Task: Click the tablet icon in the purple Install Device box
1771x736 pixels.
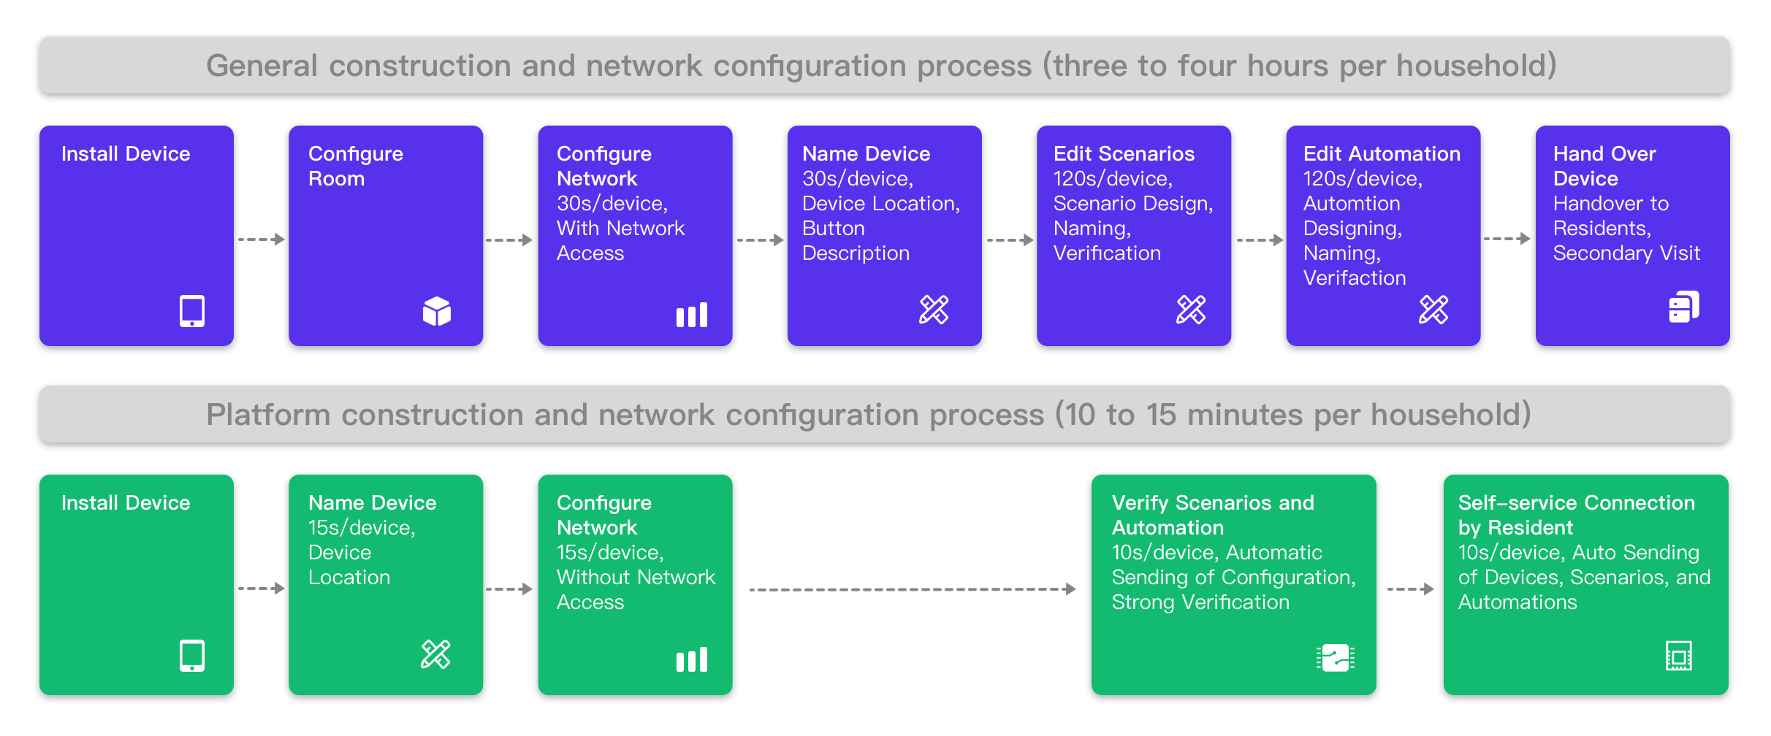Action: click(x=192, y=311)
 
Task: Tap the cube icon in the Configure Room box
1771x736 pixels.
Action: click(x=437, y=311)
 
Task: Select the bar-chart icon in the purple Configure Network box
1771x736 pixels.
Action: click(x=692, y=315)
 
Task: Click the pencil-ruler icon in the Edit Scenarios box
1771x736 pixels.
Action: click(x=1191, y=310)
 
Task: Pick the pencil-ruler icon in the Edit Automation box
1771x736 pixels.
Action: click(x=1433, y=310)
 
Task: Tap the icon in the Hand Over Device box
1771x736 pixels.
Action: click(x=1684, y=307)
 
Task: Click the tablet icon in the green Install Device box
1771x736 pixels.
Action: click(x=192, y=656)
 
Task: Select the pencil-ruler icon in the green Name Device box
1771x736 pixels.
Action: click(x=435, y=654)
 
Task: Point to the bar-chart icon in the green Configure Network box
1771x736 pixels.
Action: click(x=692, y=659)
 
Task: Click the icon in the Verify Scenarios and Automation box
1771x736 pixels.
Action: click(x=1336, y=658)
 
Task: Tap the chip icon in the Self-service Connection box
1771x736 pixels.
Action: click(x=1679, y=656)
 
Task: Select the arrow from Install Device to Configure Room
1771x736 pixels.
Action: click(x=262, y=239)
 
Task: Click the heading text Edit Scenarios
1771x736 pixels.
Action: click(x=1124, y=154)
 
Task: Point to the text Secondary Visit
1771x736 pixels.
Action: click(x=1626, y=253)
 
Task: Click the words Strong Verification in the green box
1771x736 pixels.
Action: click(x=1200, y=602)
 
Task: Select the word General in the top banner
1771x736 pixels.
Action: click(x=262, y=66)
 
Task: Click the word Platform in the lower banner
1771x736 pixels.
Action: click(x=268, y=415)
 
